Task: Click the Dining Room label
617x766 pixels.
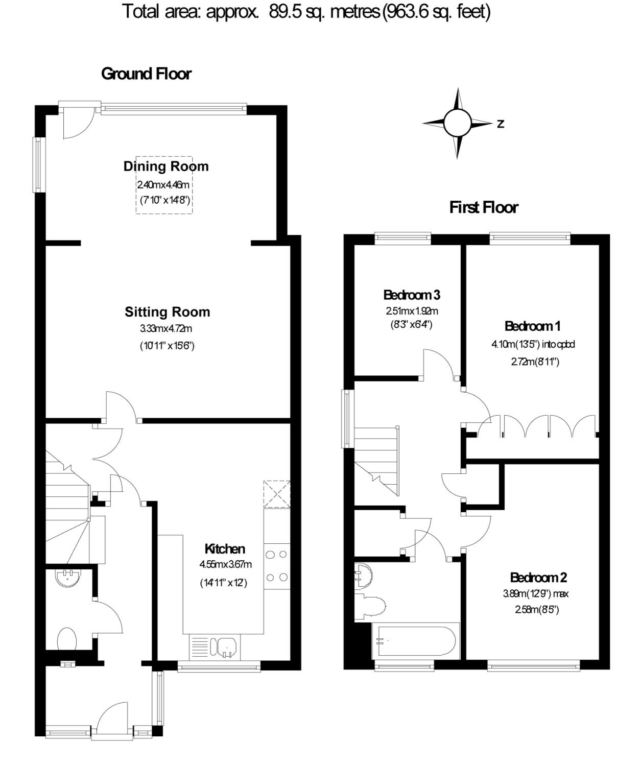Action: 166,166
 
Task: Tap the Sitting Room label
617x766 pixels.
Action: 168,312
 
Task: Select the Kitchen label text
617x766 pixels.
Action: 225,549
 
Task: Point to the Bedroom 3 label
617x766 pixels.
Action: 412,295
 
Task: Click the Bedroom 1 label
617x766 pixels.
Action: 532,326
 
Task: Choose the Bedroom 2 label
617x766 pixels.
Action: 538,577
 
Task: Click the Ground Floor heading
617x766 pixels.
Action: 146,74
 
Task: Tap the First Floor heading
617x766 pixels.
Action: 484,207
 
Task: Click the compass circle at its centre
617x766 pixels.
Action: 458,123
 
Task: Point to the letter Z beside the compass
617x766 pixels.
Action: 501,124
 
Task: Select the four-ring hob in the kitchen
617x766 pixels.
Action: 277,566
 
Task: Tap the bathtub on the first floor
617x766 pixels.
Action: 416,640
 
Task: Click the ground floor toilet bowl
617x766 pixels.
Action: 66,638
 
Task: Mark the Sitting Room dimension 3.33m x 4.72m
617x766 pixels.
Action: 166,328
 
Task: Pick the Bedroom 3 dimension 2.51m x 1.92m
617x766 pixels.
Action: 412,311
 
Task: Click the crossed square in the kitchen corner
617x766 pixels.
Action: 277,494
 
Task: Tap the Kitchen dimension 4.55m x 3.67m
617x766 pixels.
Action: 225,564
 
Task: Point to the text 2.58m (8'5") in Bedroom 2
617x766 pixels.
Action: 537,610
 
